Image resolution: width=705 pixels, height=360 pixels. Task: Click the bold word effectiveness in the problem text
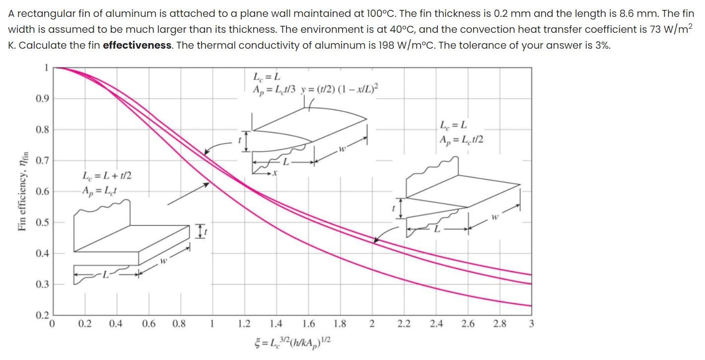coord(137,46)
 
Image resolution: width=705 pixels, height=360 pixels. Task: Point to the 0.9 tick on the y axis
coord(42,98)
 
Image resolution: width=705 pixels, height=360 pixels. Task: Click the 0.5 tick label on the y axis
coord(42,222)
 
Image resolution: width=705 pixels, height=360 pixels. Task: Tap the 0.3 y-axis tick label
coord(42,285)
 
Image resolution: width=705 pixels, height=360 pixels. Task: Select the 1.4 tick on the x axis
coord(276,324)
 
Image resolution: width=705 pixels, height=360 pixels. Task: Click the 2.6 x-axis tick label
coord(468,324)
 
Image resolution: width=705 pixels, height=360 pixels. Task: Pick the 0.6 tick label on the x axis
coord(148,324)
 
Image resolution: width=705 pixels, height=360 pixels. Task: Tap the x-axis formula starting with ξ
coord(292,342)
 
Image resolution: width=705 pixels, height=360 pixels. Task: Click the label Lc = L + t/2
coord(107,176)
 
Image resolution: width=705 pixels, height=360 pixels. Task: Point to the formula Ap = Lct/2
coord(461,140)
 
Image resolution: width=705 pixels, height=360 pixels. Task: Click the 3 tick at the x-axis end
coord(531,324)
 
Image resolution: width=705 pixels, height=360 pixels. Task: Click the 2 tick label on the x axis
coord(372,324)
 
